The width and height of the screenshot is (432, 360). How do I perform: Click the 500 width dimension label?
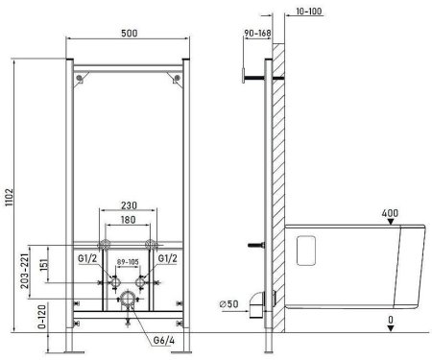[x=130, y=34]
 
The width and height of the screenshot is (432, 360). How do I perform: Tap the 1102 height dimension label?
[x=10, y=197]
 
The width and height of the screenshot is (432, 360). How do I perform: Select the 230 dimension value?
[x=129, y=205]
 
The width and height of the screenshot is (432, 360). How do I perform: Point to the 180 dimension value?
[x=128, y=220]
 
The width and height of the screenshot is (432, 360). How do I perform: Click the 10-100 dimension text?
[x=308, y=12]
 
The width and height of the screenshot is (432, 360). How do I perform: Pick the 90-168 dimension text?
[x=257, y=33]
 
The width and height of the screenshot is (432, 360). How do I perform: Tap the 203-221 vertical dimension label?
[x=25, y=271]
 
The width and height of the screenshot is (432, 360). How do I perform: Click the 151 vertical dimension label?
[x=44, y=263]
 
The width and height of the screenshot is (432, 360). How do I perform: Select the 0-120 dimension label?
[x=41, y=317]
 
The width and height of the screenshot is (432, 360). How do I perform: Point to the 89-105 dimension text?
[x=128, y=262]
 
